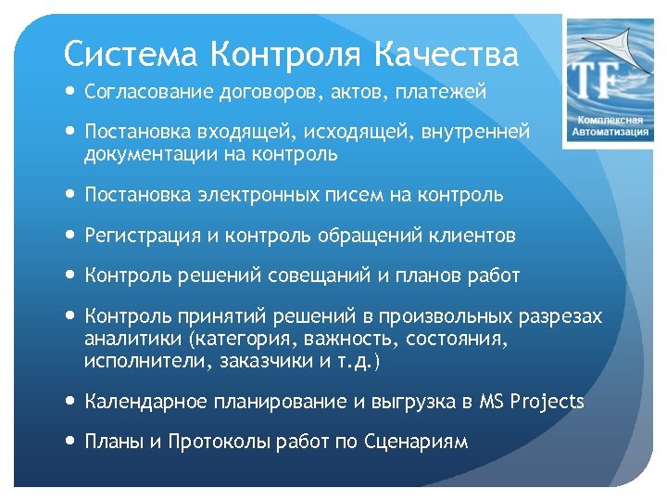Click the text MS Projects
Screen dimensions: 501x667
[x=532, y=402]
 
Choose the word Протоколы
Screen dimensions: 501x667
[x=209, y=442]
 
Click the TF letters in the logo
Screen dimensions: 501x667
[x=597, y=81]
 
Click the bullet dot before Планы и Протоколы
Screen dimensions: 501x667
[x=71, y=442]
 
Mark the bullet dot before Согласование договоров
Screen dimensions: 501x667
[x=71, y=92]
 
